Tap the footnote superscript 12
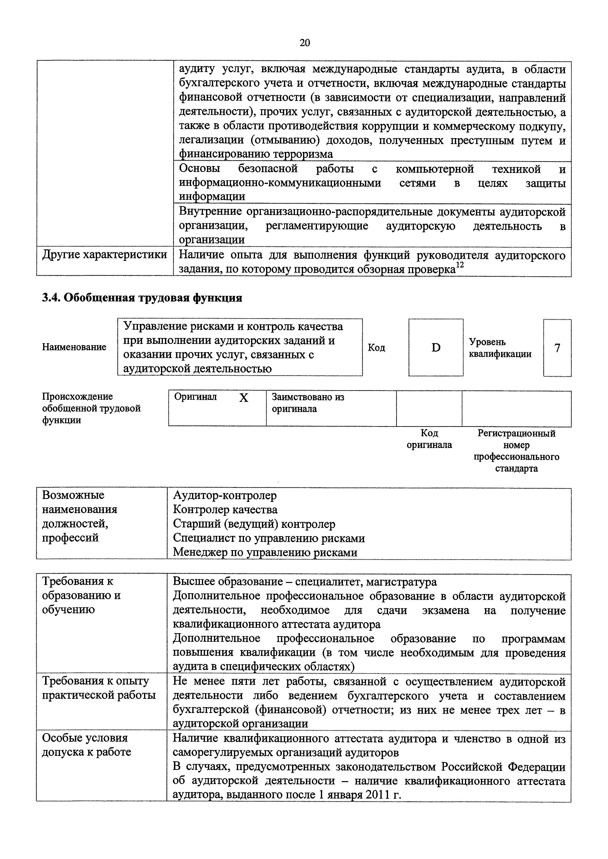[x=460, y=265]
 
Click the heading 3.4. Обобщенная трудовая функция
[x=142, y=298]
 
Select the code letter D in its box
[x=436, y=348]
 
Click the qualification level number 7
[x=557, y=348]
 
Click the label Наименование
[x=74, y=347]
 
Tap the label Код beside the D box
[x=376, y=348]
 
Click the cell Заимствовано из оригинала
[x=308, y=402]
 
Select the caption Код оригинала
[x=429, y=439]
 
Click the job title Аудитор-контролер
[x=225, y=495]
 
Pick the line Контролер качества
[x=225, y=509]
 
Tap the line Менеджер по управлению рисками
[x=265, y=552]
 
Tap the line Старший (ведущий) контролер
[x=254, y=524]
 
